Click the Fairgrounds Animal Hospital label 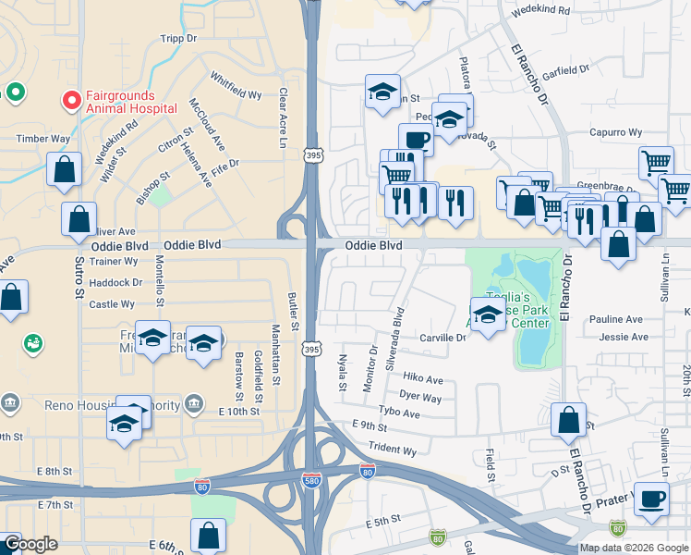[x=130, y=101]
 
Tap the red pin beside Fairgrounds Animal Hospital [x=69, y=99]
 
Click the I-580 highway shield [x=313, y=478]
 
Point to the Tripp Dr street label [x=179, y=38]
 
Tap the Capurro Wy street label [x=617, y=131]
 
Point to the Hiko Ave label [x=423, y=379]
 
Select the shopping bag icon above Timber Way [x=63, y=169]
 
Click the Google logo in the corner [x=30, y=544]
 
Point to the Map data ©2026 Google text [x=634, y=548]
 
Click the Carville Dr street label [x=442, y=338]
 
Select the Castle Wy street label [x=113, y=303]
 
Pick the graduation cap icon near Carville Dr [x=488, y=314]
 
